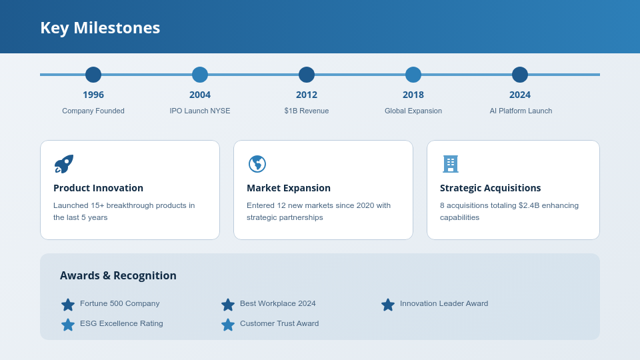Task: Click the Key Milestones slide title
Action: point(100,27)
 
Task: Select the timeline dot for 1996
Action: point(93,75)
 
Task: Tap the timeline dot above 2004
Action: point(200,75)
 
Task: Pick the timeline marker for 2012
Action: point(307,75)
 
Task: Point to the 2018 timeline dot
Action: point(413,75)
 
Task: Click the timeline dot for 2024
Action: point(520,75)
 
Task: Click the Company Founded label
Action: point(93,111)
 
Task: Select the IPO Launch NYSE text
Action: point(200,111)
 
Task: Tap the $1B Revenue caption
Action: point(307,111)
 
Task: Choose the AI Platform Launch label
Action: point(521,111)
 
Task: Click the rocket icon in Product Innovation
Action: point(64,164)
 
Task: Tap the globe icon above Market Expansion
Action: point(257,164)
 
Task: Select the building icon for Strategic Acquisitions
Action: point(451,164)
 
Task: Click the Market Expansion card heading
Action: point(289,188)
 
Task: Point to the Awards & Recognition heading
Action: point(118,275)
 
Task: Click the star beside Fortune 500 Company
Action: point(68,305)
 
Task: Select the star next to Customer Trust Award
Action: point(228,325)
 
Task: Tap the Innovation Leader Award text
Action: point(444,303)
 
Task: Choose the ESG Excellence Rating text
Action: point(121,323)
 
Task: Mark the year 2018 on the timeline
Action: point(413,95)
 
